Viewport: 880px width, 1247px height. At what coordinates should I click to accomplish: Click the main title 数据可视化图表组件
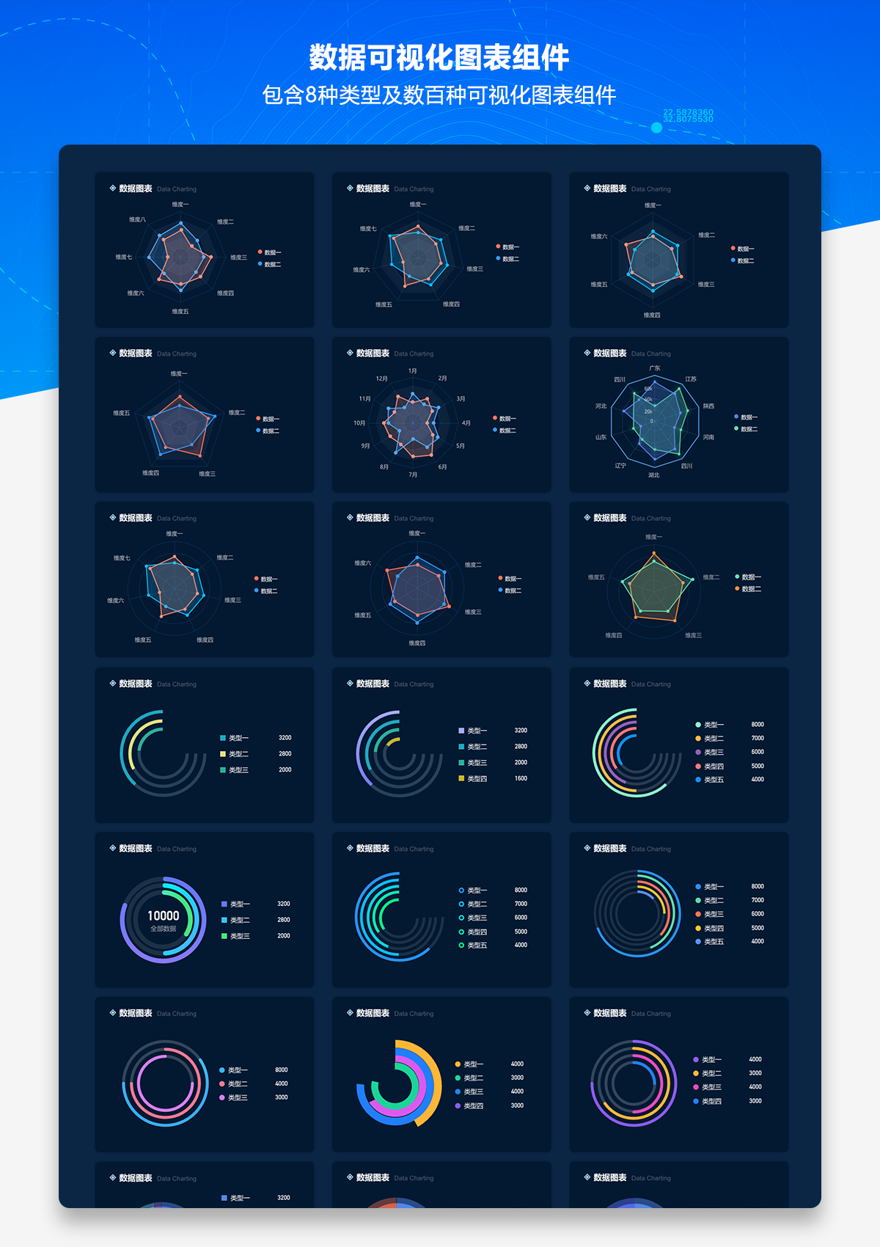tap(439, 58)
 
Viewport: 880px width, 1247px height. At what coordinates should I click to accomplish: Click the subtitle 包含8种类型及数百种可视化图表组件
tap(439, 95)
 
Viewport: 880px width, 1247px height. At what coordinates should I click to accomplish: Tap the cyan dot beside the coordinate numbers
tap(656, 128)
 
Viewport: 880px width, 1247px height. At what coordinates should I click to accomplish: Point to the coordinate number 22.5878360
tap(688, 112)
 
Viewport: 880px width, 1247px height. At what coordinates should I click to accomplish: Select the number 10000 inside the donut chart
tap(163, 915)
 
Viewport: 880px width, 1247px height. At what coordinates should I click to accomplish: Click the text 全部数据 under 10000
tap(163, 929)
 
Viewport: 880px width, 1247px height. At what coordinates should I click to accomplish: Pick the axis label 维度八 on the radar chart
tap(137, 219)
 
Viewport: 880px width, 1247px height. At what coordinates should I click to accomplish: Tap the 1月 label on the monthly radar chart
tap(413, 371)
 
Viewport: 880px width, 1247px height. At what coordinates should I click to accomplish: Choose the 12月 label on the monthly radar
tap(381, 379)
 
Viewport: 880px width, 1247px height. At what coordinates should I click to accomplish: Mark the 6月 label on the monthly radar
tap(442, 467)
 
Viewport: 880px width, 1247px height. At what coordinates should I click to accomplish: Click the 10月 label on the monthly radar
tap(359, 423)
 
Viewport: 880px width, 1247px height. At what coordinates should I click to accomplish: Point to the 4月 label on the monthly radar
tap(466, 423)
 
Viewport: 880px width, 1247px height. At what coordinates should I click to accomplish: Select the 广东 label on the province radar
tap(655, 368)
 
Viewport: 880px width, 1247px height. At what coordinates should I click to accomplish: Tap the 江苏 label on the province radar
tap(691, 379)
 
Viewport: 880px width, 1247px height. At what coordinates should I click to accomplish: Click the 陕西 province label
tap(708, 406)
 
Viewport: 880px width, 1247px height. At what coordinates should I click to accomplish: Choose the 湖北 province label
tap(653, 475)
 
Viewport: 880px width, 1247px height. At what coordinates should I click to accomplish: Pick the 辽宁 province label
tap(620, 466)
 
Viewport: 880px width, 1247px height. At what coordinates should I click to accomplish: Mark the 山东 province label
tap(601, 437)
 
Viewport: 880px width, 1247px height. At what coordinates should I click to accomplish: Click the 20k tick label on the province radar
tap(648, 412)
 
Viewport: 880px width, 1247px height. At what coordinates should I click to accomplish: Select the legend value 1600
tap(521, 778)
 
